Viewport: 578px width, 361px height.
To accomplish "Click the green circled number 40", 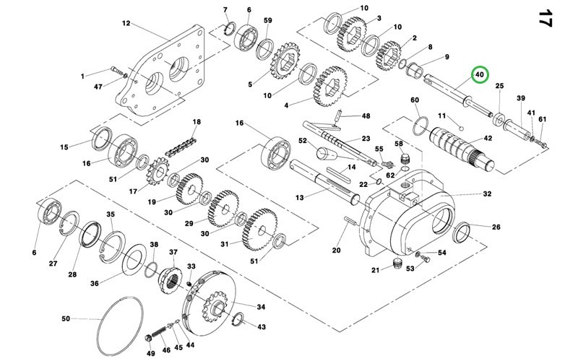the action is point(480,75).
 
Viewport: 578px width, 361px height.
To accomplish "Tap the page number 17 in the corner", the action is point(545,18).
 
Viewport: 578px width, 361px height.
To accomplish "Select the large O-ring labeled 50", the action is point(120,327).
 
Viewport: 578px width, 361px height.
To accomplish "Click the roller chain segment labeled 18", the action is point(180,147).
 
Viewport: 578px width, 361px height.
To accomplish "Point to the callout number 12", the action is point(126,23).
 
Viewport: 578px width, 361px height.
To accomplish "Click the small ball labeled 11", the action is point(461,129).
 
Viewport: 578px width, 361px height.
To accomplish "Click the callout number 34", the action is point(261,308).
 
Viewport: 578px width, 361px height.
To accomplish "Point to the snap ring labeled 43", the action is point(239,319).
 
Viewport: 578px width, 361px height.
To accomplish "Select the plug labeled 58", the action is point(405,159).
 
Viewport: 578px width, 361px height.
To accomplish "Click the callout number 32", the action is point(487,193).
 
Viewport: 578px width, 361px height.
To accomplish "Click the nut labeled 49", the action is point(149,338).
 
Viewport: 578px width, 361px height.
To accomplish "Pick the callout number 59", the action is point(267,20).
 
